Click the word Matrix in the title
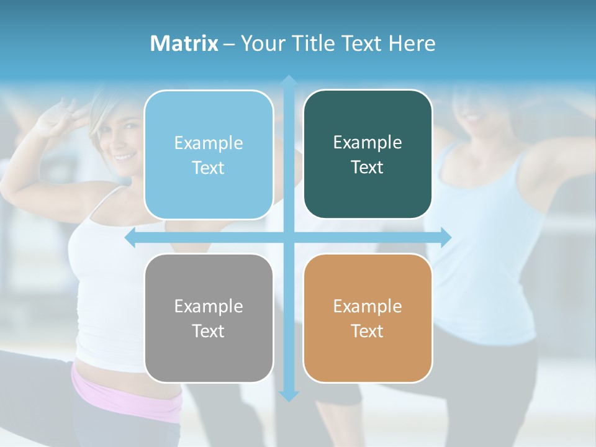[184, 43]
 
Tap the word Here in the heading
[412, 43]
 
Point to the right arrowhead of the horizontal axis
[445, 237]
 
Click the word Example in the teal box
[368, 143]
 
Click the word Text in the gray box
[208, 331]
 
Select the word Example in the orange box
[368, 306]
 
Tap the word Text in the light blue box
[208, 168]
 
